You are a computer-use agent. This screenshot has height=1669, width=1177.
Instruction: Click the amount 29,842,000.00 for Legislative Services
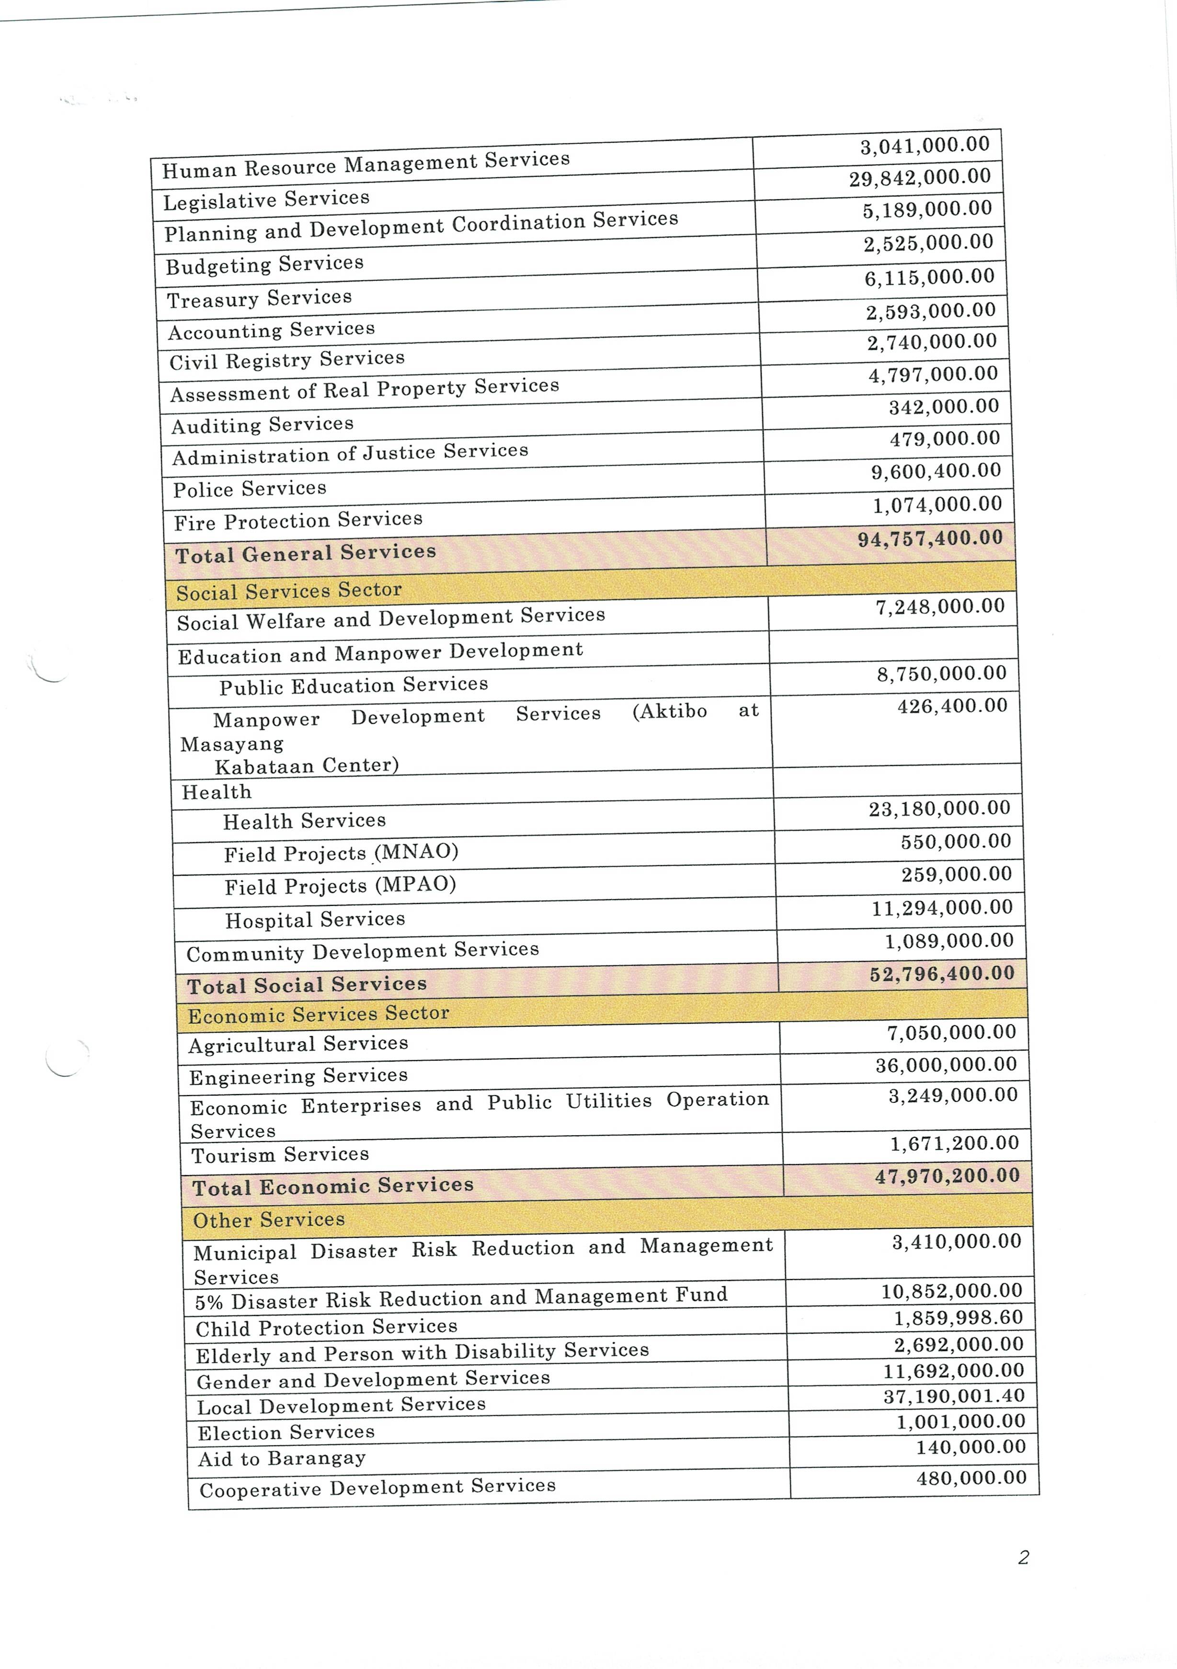(920, 177)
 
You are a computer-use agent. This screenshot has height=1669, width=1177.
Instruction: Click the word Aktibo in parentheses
(670, 711)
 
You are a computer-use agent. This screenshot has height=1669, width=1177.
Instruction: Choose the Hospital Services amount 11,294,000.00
(942, 908)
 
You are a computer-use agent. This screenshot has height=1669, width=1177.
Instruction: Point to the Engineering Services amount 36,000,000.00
(946, 1065)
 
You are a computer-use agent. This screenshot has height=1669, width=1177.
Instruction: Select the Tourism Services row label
(280, 1155)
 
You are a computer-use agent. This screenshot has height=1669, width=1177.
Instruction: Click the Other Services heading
(268, 1220)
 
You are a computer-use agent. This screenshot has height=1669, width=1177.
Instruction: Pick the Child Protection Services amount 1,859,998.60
(958, 1318)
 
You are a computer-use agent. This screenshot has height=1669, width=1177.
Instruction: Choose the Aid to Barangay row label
(281, 1459)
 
